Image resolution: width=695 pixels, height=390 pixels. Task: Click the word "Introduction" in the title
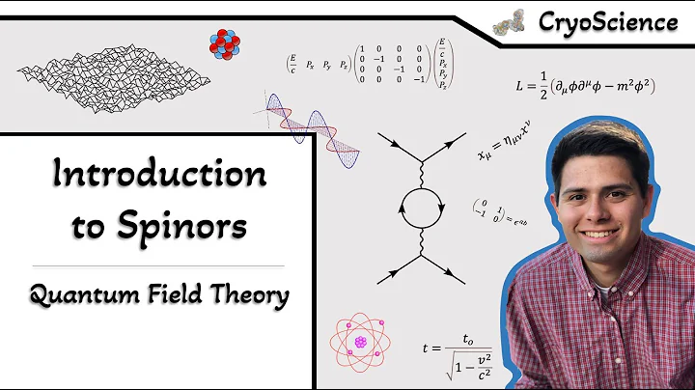coord(159,175)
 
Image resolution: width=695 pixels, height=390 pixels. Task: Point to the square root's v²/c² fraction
coord(477,361)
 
